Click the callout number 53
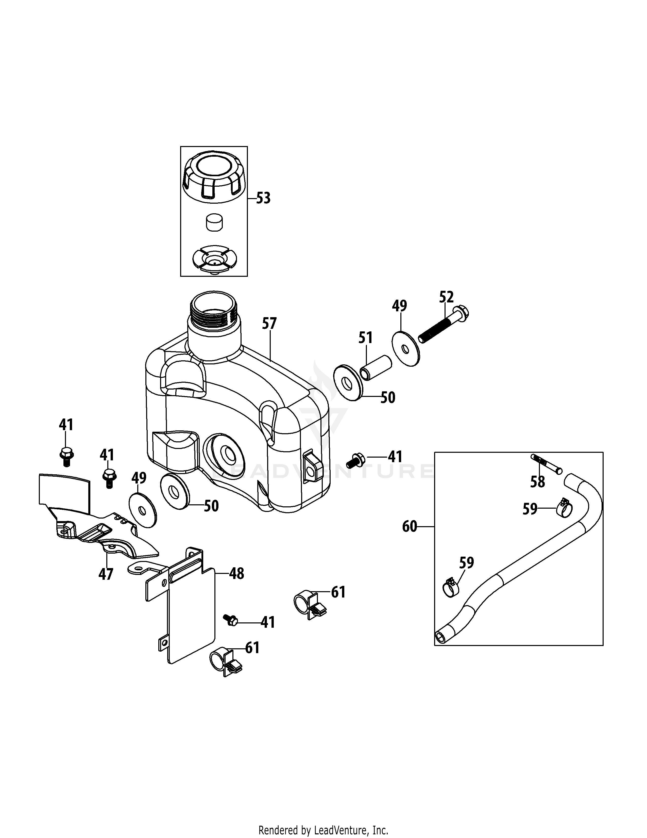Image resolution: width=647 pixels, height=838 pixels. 263,198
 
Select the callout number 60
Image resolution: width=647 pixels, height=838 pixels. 409,526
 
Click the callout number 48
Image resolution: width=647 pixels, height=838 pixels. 236,574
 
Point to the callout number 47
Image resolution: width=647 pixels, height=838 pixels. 106,574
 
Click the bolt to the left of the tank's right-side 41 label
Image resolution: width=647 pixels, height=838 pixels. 354,459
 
